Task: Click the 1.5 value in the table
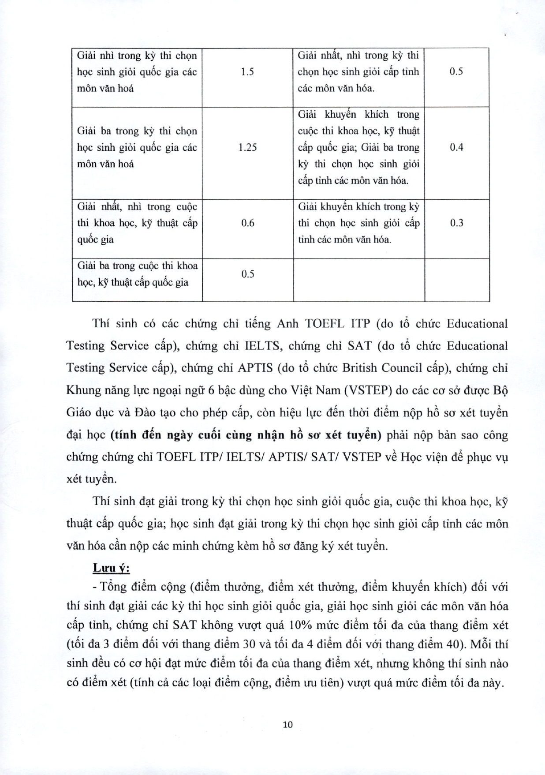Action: click(247, 72)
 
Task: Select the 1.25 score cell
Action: click(247, 147)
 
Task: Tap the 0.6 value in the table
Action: click(247, 223)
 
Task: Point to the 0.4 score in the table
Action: click(456, 147)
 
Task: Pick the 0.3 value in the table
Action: click(456, 223)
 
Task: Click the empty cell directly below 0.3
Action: click(457, 280)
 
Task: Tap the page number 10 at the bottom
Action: click(287, 724)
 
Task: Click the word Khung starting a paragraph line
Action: click(82, 390)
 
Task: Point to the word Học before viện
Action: click(411, 457)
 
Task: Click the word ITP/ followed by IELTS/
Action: click(211, 457)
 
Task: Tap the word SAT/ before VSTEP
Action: click(324, 457)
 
